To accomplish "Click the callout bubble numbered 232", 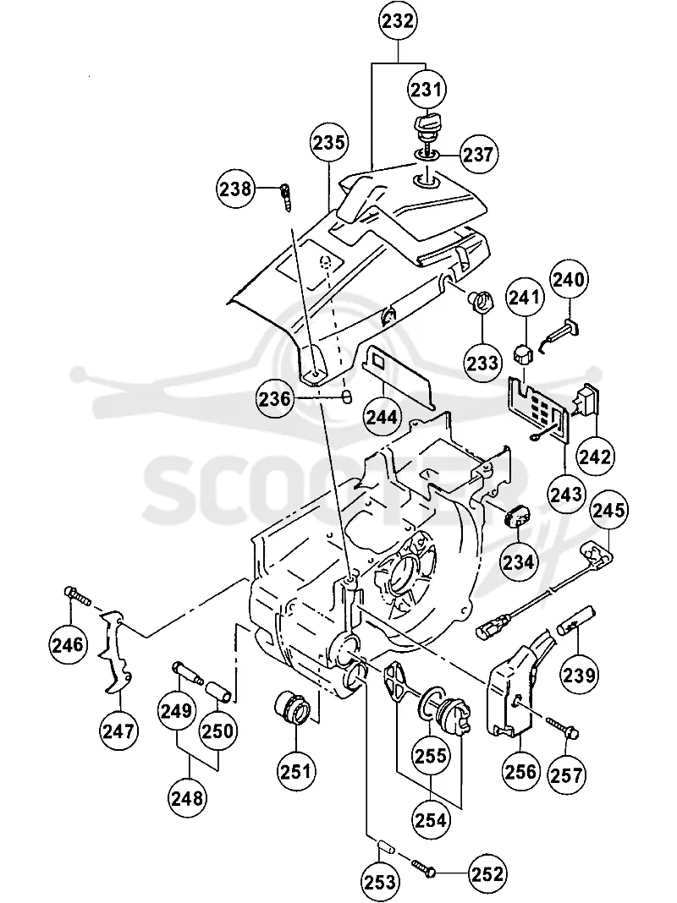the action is point(398,22).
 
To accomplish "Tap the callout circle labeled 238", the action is point(236,189).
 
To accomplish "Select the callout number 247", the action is point(120,731).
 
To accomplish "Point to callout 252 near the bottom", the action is point(487,873).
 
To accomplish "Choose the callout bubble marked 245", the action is point(608,510).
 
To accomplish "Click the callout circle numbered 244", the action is point(382,416).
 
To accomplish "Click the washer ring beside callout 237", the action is point(427,155).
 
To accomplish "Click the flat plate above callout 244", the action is point(397,376).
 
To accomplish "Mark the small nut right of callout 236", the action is point(347,397).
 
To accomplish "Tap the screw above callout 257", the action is point(563,726).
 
